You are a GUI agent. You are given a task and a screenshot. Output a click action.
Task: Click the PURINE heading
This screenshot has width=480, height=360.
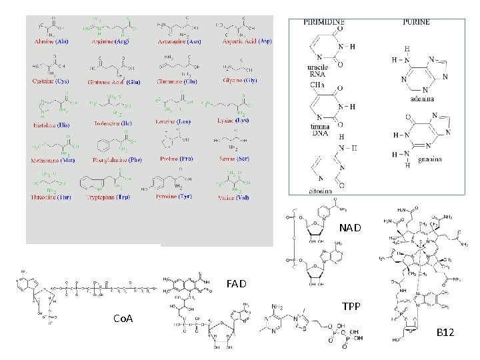(417, 22)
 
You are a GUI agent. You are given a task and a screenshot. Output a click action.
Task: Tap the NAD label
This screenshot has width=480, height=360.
(350, 228)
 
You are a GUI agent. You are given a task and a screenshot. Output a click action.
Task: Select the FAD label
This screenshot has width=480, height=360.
(236, 283)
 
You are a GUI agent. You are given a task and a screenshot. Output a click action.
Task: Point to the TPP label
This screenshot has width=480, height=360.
(351, 307)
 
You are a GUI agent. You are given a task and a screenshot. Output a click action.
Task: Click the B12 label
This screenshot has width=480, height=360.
(445, 331)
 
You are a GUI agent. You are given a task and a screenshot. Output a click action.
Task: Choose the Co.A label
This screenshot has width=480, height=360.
(123, 319)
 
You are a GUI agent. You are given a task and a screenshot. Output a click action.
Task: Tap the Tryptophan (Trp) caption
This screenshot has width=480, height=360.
(109, 197)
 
